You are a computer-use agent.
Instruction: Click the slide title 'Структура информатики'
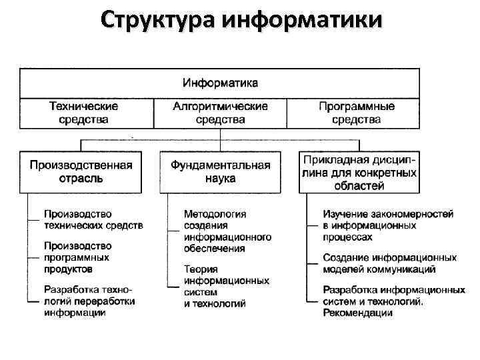241,20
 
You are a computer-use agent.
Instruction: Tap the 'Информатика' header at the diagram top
220,84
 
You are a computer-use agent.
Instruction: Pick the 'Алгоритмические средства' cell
220,113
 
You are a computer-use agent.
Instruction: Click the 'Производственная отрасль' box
80,171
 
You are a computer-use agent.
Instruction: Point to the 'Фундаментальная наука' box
220,171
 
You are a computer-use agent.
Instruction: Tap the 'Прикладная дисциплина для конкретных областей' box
360,172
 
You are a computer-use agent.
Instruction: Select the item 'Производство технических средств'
93,219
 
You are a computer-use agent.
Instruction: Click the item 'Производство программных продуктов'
77,257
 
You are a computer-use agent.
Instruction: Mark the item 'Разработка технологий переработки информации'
89,301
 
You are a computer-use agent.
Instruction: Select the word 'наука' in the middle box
220,179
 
